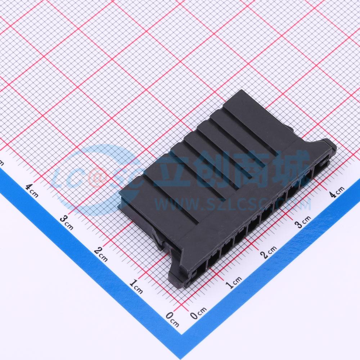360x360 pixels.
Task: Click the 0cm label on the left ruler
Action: point(172,319)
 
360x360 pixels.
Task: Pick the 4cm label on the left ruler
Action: point(32,190)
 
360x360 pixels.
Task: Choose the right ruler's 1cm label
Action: point(234,282)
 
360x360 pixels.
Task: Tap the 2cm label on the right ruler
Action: point(269,252)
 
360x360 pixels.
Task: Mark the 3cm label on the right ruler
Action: point(303,221)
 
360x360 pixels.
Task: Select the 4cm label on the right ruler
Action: point(337,192)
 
